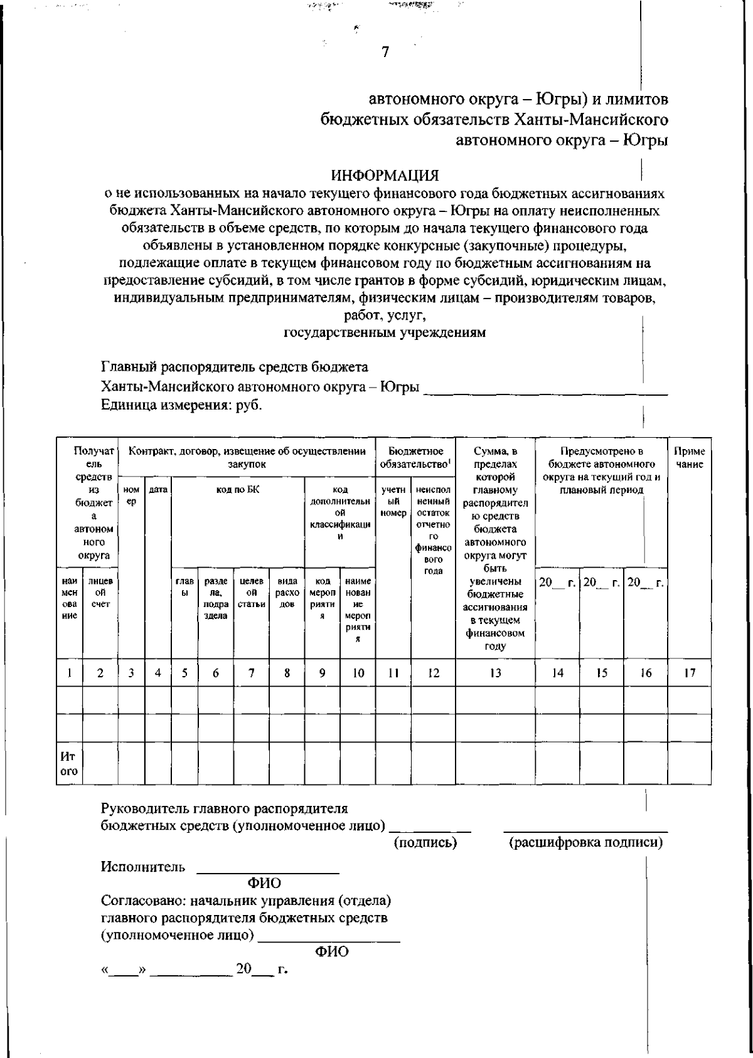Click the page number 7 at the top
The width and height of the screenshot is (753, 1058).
[385, 52]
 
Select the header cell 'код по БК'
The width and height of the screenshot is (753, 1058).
[237, 490]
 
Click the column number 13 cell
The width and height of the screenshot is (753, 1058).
[495, 674]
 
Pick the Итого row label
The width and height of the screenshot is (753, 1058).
[68, 764]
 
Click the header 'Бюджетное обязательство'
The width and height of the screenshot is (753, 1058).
[415, 458]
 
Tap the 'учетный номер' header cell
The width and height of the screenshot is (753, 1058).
[393, 501]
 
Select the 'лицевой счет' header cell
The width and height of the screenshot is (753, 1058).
[100, 593]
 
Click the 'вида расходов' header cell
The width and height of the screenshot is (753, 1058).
[286, 593]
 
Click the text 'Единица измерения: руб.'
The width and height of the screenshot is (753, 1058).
[182, 405]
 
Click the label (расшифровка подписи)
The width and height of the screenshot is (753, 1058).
[585, 843]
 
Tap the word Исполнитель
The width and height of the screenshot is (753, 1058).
[143, 867]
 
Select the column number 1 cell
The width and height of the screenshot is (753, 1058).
[68, 674]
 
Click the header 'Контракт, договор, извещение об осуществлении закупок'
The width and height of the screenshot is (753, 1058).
[246, 458]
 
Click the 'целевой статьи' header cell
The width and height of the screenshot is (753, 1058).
[251, 593]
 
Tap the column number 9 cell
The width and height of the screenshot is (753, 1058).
[322, 674]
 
